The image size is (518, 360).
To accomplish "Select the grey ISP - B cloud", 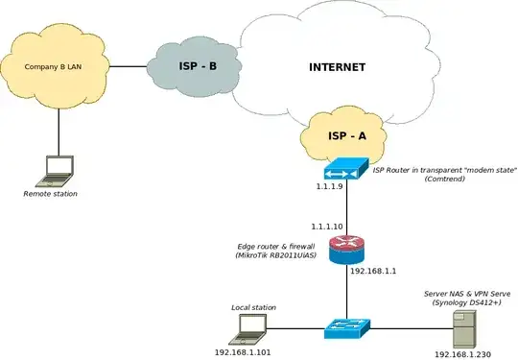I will point(198,67).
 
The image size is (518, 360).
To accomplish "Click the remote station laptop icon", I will point(59,171).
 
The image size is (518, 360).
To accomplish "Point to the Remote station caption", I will point(51,194).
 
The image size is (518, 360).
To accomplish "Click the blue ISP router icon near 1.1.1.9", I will point(345,172).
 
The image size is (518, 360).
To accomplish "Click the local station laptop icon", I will point(247,328).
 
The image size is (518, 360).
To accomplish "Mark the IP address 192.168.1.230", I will point(464,353).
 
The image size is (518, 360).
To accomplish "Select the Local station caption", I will point(253,307).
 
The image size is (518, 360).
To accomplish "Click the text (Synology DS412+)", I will point(468,302).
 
